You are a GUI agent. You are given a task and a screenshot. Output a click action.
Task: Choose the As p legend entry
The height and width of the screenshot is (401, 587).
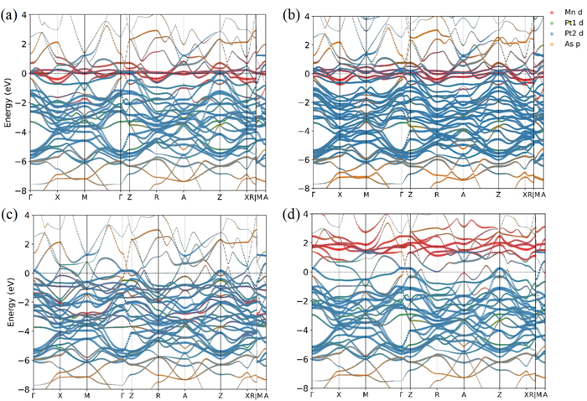point(566,44)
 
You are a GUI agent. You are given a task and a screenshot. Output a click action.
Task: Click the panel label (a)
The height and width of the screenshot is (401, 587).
point(11,15)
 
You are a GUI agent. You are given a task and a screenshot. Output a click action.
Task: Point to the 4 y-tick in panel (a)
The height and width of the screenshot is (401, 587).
point(26,15)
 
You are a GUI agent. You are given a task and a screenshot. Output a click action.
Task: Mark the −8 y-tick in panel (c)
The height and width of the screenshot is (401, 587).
point(24,389)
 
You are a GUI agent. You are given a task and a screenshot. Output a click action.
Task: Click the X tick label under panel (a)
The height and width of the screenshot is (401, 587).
point(57,195)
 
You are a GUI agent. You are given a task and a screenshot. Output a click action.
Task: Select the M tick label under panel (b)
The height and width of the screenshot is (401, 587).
point(366,195)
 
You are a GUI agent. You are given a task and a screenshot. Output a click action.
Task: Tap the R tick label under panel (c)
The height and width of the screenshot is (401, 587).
point(158,395)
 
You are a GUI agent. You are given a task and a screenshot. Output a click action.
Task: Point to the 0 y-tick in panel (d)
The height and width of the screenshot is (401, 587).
point(306,273)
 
